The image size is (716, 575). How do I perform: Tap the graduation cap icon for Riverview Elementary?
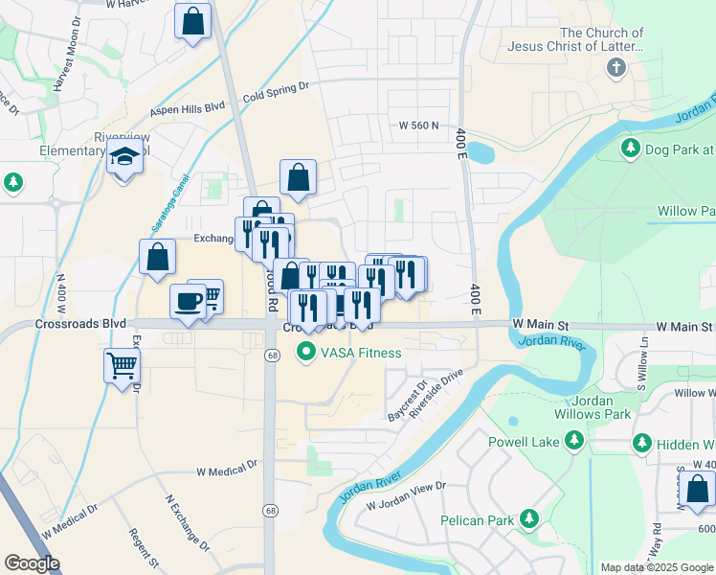(124, 156)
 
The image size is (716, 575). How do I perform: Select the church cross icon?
(615, 68)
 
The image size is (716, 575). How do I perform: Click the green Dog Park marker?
(631, 149)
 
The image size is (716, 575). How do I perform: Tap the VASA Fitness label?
(360, 353)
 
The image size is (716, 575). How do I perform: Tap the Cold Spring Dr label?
(276, 92)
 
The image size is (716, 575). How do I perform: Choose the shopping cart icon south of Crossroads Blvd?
(123, 365)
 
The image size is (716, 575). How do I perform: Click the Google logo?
(32, 563)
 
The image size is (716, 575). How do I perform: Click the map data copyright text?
(656, 567)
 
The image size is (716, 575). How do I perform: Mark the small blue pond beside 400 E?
(479, 151)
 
